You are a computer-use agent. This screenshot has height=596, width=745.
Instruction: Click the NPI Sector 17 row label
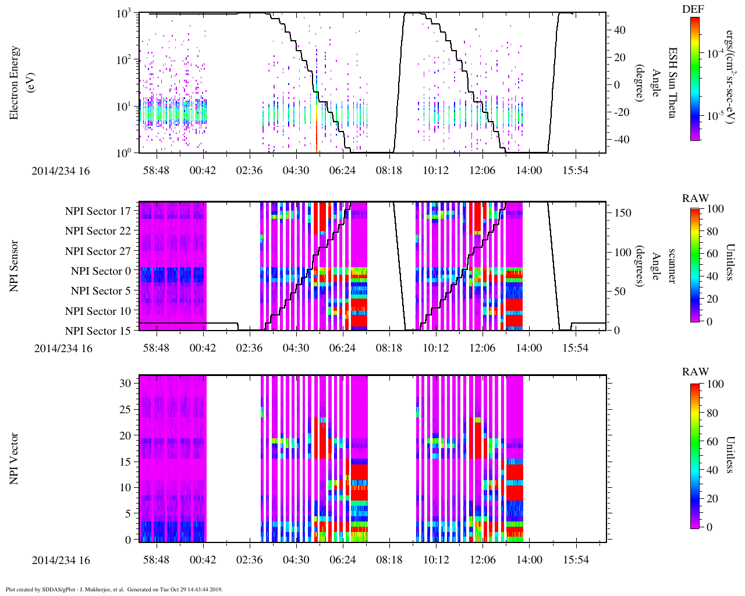click(x=98, y=211)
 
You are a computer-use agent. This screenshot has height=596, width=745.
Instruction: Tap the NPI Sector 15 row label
click(x=98, y=331)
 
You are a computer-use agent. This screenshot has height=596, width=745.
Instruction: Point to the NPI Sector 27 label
click(x=98, y=251)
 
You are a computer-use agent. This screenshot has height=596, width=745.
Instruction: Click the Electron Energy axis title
click(x=20, y=83)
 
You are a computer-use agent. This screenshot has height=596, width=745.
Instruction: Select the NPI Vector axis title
click(x=15, y=459)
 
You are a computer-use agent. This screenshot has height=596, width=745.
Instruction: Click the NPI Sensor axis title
click(x=15, y=266)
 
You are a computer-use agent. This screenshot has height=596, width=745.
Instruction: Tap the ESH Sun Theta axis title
click(x=672, y=83)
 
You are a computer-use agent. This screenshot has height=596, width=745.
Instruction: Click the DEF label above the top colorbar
click(x=693, y=9)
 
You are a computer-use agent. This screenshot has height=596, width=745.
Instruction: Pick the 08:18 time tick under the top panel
click(x=389, y=171)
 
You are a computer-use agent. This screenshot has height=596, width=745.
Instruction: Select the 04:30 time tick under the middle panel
click(x=296, y=348)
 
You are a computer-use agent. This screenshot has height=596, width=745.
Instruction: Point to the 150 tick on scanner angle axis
click(x=623, y=213)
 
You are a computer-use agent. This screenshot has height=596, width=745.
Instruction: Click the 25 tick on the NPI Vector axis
click(x=126, y=410)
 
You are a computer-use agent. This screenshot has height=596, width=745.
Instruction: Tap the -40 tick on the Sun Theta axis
click(x=620, y=140)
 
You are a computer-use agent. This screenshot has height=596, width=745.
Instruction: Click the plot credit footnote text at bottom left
click(x=114, y=590)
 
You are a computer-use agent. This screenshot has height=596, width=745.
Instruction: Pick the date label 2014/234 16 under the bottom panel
click(x=61, y=560)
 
